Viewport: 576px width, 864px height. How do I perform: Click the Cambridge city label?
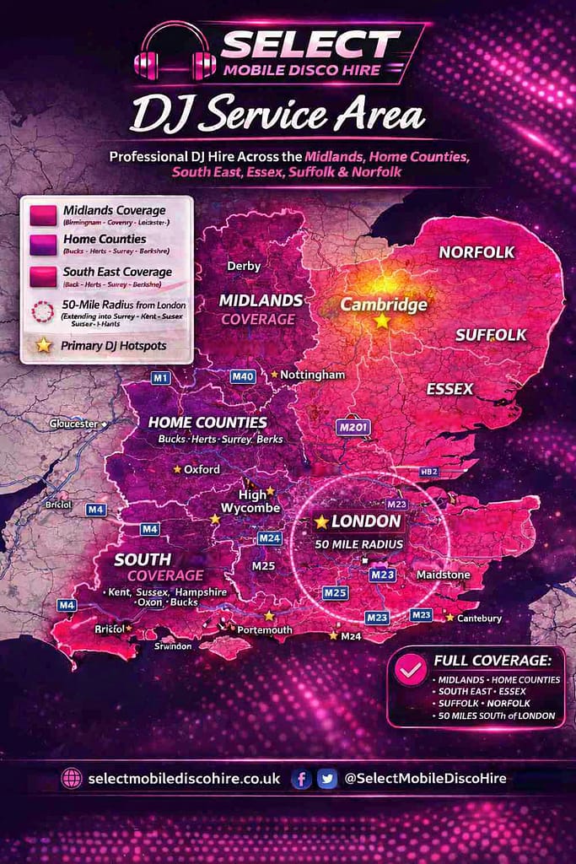384,305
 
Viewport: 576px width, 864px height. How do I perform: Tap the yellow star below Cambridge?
382,321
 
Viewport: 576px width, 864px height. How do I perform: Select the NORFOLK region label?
476,252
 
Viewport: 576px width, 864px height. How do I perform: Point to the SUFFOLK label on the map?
490,335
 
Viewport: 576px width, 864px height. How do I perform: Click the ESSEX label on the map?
449,389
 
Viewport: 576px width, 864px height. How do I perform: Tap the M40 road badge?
243,376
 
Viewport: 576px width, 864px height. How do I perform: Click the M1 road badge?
161,377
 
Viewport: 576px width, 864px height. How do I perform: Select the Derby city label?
244,266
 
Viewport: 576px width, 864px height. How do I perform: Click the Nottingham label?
312,374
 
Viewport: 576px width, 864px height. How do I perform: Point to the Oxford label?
202,469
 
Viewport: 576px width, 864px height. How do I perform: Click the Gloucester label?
74,424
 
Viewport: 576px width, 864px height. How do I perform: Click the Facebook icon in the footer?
301,779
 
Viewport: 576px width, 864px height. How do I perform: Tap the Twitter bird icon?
327,779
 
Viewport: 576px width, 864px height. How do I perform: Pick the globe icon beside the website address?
72,779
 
